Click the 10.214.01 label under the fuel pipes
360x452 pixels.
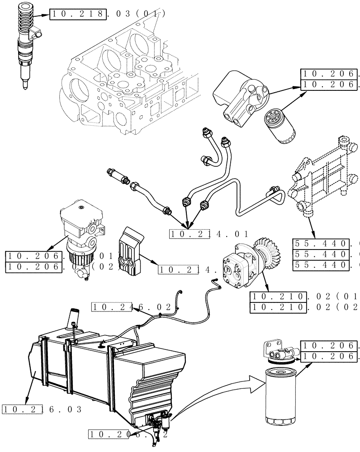[x=209, y=234]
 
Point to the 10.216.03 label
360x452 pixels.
[x=42, y=410]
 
